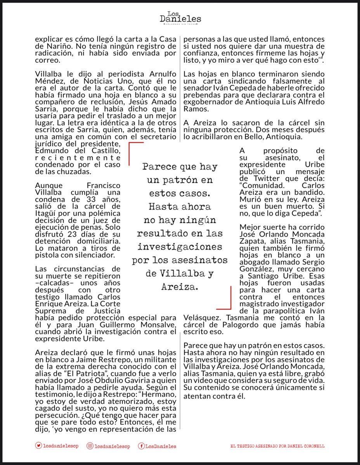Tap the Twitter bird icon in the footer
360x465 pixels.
[x=38, y=446]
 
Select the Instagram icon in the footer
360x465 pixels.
[x=90, y=446]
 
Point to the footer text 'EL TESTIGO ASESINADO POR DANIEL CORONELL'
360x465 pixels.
[x=277, y=446]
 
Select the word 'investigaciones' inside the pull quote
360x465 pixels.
[x=180, y=247]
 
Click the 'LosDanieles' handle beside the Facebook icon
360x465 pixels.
[x=161, y=446]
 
